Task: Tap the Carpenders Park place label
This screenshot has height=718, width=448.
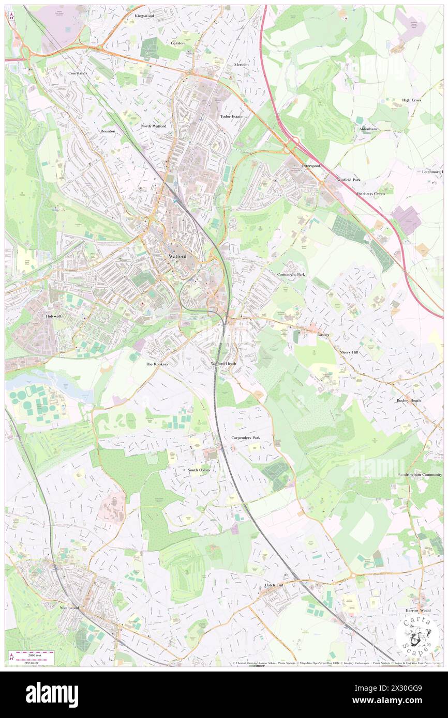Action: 246,438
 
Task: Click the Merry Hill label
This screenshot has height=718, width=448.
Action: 349,352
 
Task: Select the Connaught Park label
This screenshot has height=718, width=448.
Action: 291,274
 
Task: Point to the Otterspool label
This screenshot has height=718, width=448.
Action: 311,166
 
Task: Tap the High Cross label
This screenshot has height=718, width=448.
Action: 412,100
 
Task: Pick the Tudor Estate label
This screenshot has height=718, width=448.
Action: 231,117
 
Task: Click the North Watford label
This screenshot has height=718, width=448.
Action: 154,126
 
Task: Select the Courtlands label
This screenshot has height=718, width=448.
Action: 78,73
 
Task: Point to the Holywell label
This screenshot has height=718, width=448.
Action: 53,316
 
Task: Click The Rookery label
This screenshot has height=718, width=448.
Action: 157,364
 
